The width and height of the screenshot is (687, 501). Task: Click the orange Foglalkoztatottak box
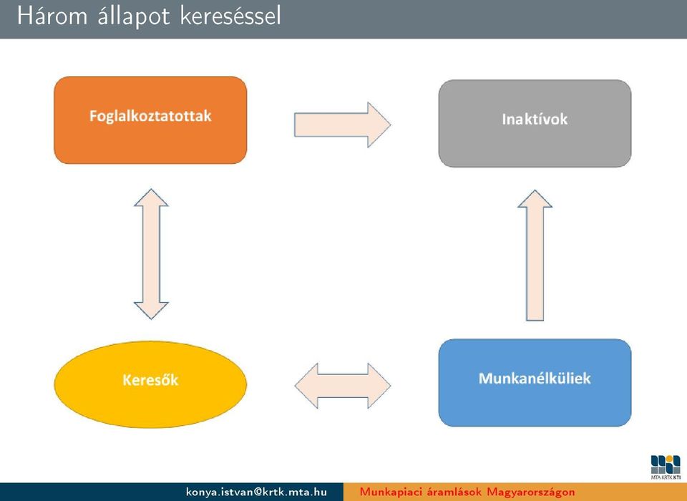[150, 120]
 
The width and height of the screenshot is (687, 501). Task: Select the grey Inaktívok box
[535, 123]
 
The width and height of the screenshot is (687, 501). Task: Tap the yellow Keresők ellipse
[150, 384]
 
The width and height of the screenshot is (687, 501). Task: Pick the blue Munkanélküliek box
[535, 382]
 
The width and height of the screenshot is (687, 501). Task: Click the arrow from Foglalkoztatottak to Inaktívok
[342, 125]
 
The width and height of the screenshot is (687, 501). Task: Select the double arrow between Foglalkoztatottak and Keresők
[151, 254]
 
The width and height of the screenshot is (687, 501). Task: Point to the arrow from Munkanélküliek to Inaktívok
[535, 256]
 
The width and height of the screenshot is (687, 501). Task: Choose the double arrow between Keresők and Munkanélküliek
[343, 386]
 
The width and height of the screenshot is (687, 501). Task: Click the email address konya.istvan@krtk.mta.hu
[256, 492]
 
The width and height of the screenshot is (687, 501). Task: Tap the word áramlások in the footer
[453, 492]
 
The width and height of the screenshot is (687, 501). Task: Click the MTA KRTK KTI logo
[666, 467]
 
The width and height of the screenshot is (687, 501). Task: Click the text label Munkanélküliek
[535, 379]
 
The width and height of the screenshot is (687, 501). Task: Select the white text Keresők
[150, 379]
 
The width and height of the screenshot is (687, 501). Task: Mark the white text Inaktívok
[535, 120]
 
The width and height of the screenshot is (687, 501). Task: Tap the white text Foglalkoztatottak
[150, 116]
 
